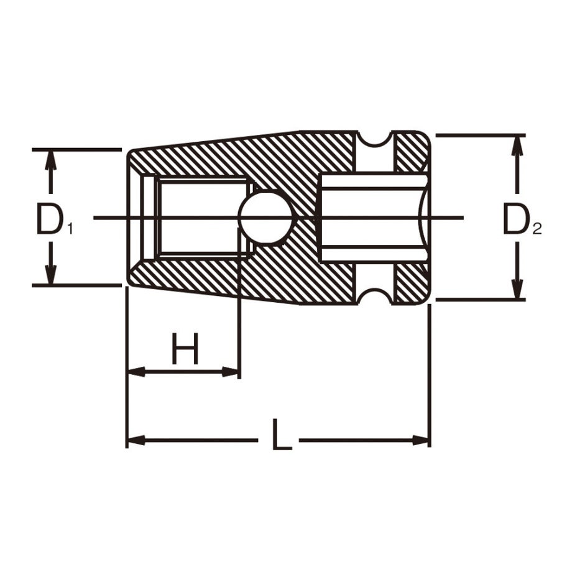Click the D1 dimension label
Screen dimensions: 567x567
pos(54,219)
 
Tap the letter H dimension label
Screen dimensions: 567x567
pos(185,348)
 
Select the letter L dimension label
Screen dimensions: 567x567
pos(282,435)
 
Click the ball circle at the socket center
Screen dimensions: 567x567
pos(266,218)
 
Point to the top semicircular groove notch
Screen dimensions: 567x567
pos(375,139)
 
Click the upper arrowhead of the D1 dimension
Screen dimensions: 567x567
pos(50,159)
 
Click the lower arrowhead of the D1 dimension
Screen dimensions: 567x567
pos(50,275)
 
